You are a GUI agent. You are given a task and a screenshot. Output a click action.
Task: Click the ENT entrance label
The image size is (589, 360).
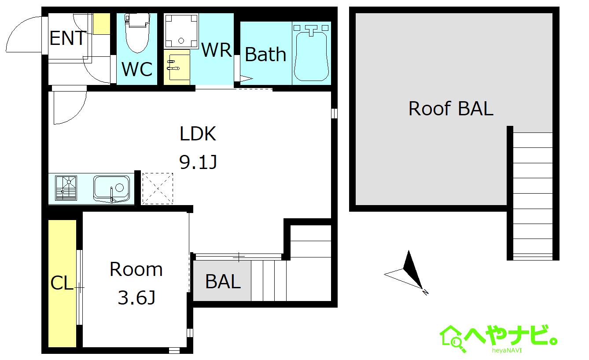pyautogui.click(x=68, y=38)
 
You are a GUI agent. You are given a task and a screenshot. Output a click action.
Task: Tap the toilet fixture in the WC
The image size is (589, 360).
pyautogui.click(x=137, y=33)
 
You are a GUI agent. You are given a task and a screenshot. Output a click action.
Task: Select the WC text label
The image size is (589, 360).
pyautogui.click(x=137, y=69)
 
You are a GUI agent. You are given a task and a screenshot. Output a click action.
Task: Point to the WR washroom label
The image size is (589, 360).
pyautogui.click(x=217, y=50)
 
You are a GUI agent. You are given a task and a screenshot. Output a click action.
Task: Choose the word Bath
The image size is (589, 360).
pyautogui.click(x=265, y=55)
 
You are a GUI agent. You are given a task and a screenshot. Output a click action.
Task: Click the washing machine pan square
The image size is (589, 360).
pyautogui.click(x=181, y=31)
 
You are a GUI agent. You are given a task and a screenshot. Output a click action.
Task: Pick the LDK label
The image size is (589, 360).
pyautogui.click(x=198, y=134)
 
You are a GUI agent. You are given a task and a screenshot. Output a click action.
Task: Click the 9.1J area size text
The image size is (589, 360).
pyautogui.click(x=198, y=162)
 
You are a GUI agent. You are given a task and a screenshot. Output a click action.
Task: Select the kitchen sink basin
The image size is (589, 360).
pyautogui.click(x=112, y=189)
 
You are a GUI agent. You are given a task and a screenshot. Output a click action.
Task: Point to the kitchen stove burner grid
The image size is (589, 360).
pyautogui.click(x=66, y=188)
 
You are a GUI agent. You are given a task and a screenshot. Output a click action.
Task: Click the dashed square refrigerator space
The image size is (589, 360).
pyautogui.click(x=158, y=188)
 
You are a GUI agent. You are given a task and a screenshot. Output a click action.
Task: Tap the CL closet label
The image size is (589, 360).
pyautogui.click(x=62, y=283)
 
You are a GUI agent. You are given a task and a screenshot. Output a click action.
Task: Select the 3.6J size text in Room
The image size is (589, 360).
pyautogui.click(x=136, y=298)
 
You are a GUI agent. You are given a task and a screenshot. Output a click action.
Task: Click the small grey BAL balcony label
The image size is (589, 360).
pyautogui.click(x=223, y=281)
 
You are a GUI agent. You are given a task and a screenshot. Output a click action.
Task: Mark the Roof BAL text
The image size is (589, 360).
pyautogui.click(x=451, y=108)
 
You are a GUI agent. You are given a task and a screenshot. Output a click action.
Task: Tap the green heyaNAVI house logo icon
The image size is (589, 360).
pyautogui.click(x=451, y=338)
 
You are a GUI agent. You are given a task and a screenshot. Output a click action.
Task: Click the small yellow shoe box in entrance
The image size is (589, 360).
pyautogui.click(x=102, y=24)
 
